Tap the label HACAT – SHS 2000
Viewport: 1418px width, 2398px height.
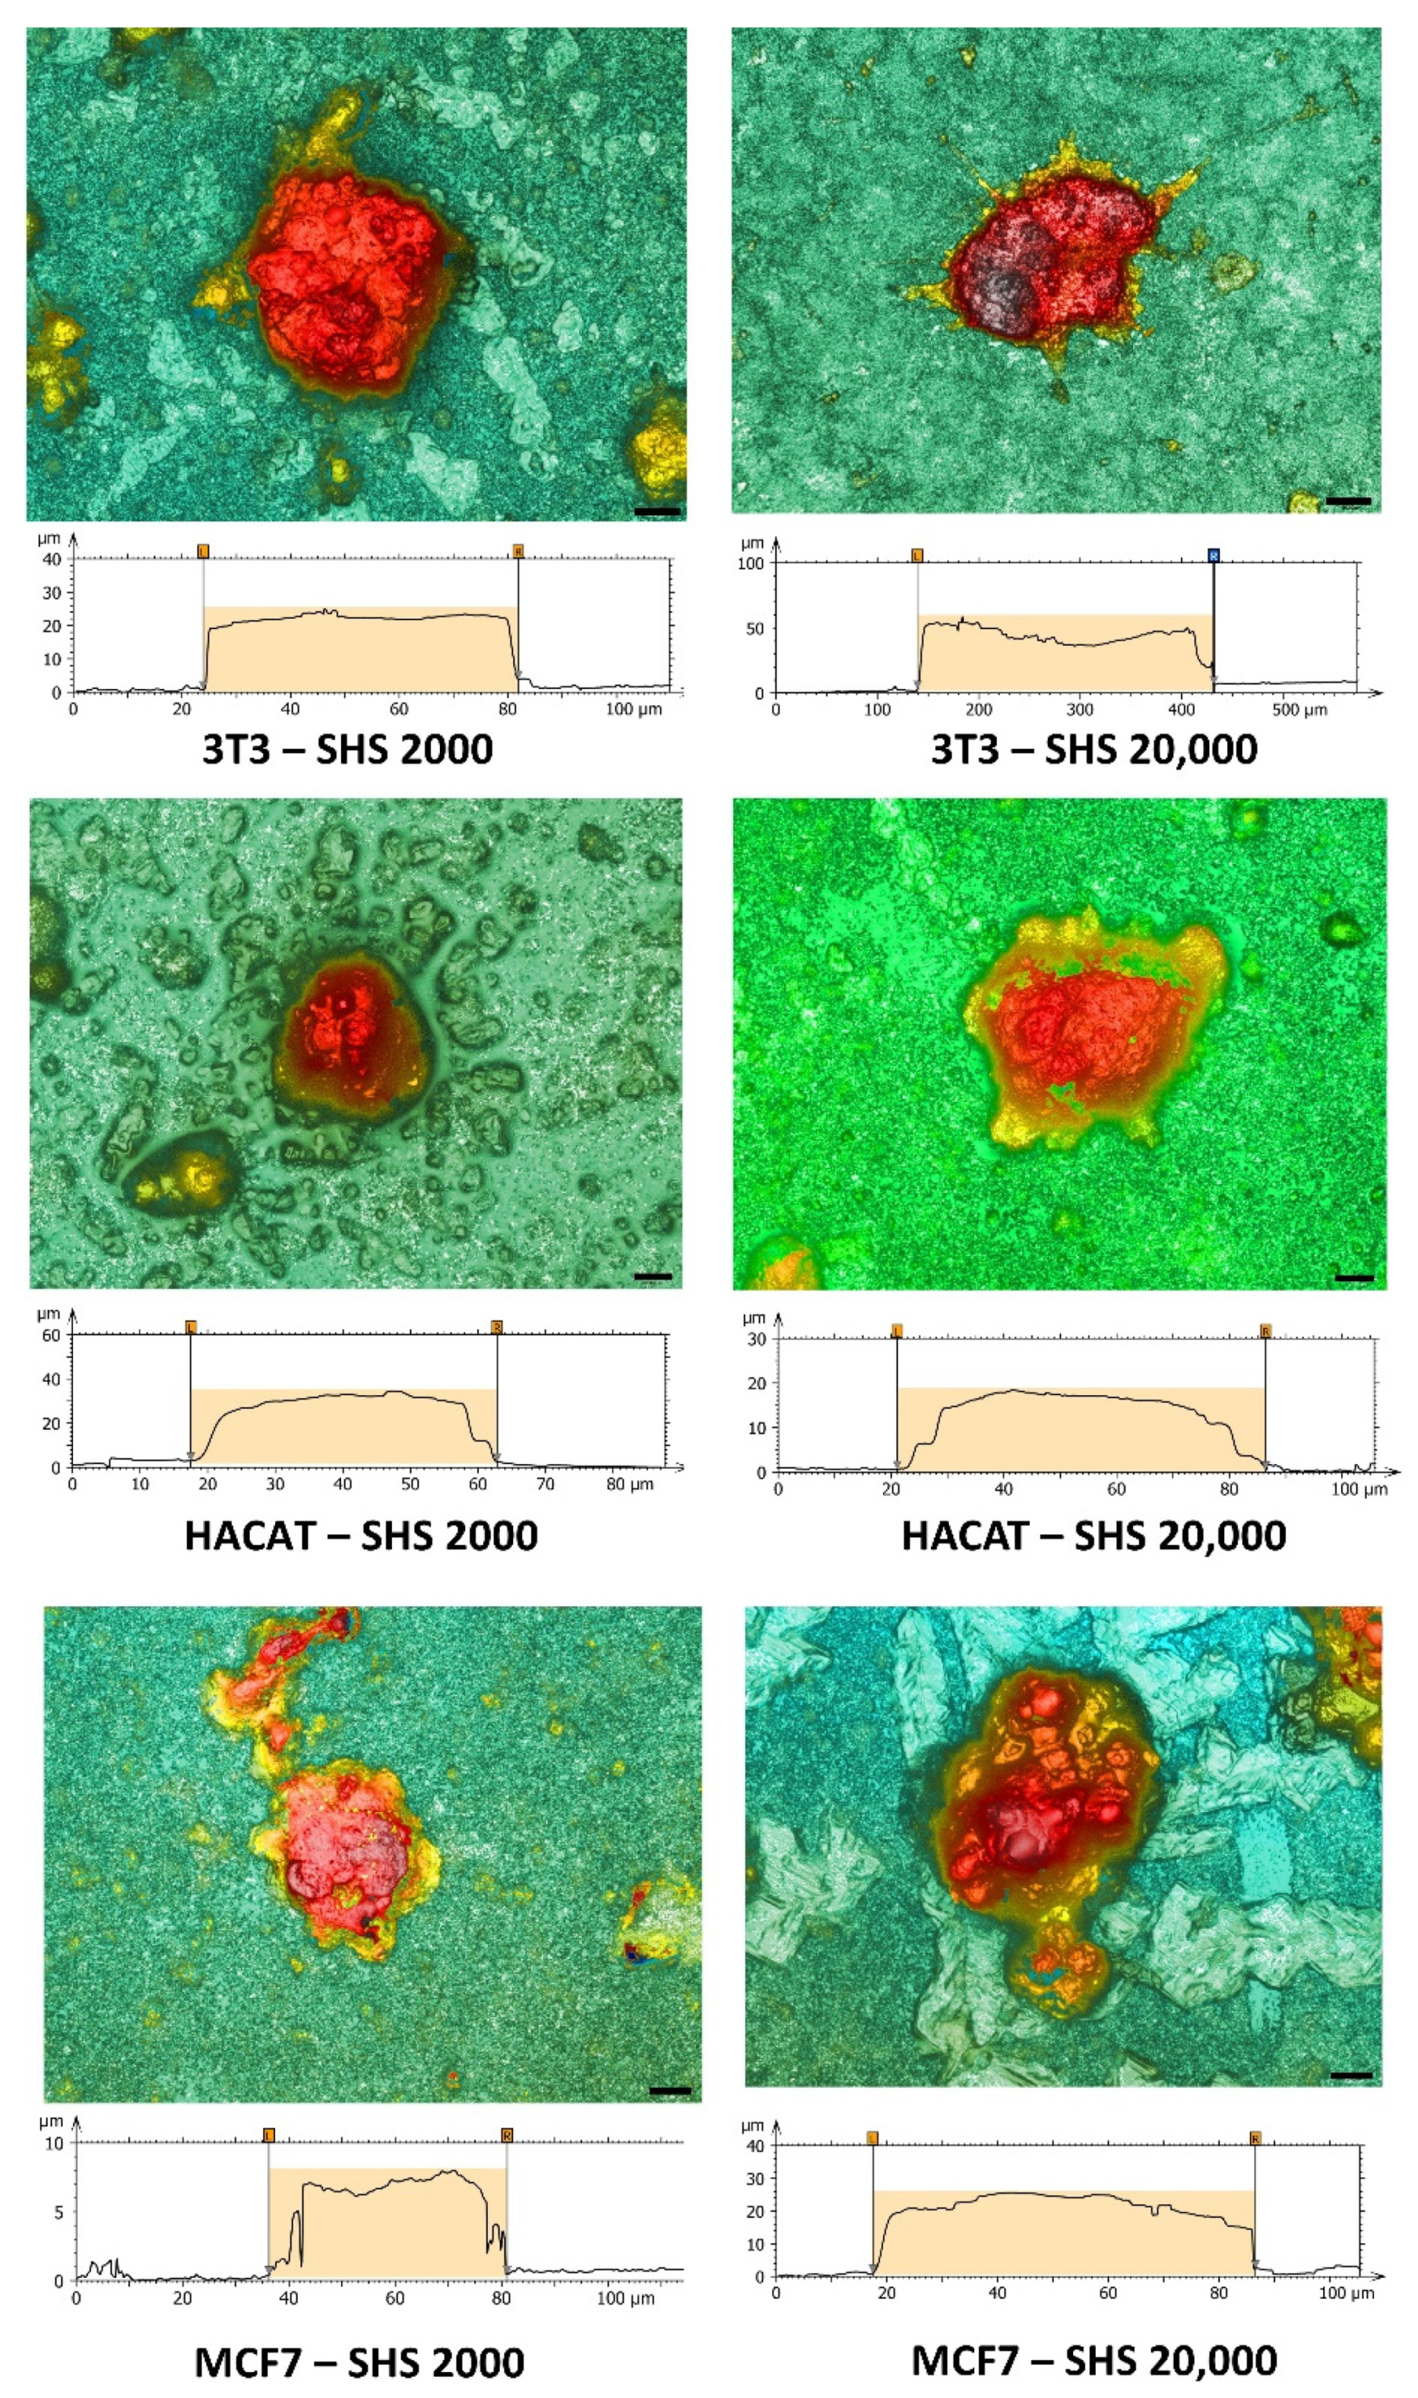coord(360,1536)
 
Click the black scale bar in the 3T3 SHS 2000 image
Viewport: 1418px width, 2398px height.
coord(657,511)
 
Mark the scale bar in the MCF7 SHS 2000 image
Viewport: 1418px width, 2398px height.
coord(669,2090)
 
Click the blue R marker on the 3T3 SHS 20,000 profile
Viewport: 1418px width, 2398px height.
coord(1213,555)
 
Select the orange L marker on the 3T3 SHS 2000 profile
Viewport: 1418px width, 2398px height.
coord(203,552)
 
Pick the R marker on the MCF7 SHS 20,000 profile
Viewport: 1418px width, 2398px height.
coord(1255,2138)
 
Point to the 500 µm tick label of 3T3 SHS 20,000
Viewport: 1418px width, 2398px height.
coord(1299,710)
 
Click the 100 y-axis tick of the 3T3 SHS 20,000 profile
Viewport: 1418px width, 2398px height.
coord(750,564)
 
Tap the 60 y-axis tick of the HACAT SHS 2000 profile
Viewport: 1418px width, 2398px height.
coord(51,1335)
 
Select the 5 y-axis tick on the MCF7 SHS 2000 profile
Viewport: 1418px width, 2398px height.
coord(59,2212)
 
